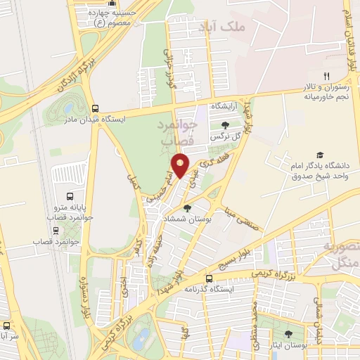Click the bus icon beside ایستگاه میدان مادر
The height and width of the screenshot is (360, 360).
pos(96,108)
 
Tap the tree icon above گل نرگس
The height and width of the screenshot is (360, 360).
pos(225,124)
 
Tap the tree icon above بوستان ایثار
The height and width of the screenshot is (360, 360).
pos(289,333)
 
